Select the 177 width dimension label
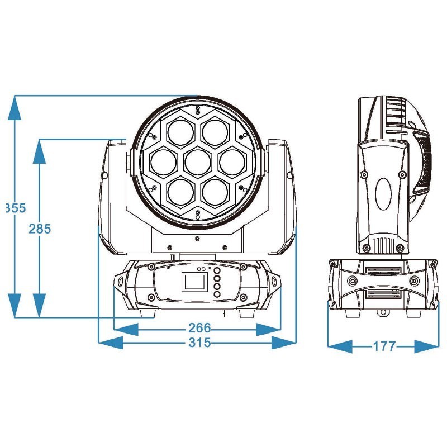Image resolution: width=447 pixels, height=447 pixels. (384, 346)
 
